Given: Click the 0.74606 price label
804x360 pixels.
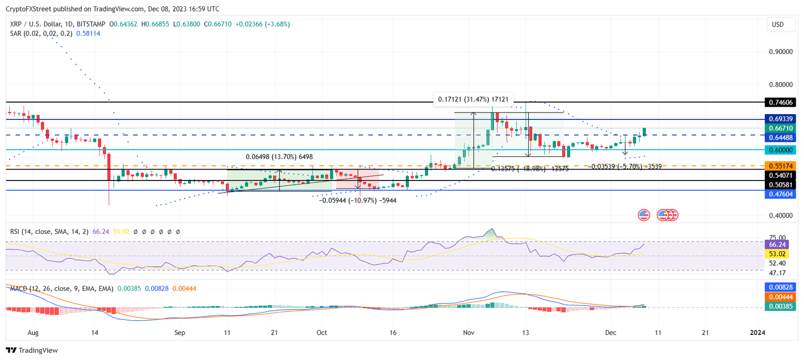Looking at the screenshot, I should point(779,102).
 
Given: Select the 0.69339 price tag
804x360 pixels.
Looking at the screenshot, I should point(779,120).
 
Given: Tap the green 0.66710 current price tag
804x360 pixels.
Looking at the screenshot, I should point(779,128).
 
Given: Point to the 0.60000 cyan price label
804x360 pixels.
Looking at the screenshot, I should point(779,150).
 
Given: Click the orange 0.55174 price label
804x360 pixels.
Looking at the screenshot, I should point(779,166).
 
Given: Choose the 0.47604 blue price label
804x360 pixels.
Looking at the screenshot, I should point(779,194).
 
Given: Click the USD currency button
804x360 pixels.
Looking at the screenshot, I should point(778,25).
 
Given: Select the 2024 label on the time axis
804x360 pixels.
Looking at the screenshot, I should point(757,332).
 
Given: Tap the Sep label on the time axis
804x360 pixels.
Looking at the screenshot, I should point(180,332).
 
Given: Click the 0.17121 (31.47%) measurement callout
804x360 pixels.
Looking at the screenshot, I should point(473,99).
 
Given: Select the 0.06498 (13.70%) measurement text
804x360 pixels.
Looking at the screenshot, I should point(279,156).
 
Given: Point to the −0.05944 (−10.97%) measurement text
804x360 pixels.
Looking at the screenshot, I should point(358,200).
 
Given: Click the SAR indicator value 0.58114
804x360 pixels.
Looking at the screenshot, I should point(88,33).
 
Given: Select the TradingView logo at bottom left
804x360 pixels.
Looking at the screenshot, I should point(32,350).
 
